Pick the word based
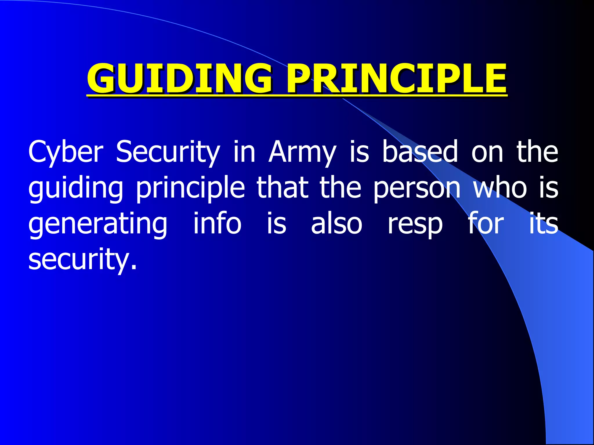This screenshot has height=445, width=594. click(420, 151)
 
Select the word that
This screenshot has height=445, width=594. click(282, 187)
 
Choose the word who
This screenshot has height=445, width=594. click(500, 187)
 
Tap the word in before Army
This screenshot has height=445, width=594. click(244, 151)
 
